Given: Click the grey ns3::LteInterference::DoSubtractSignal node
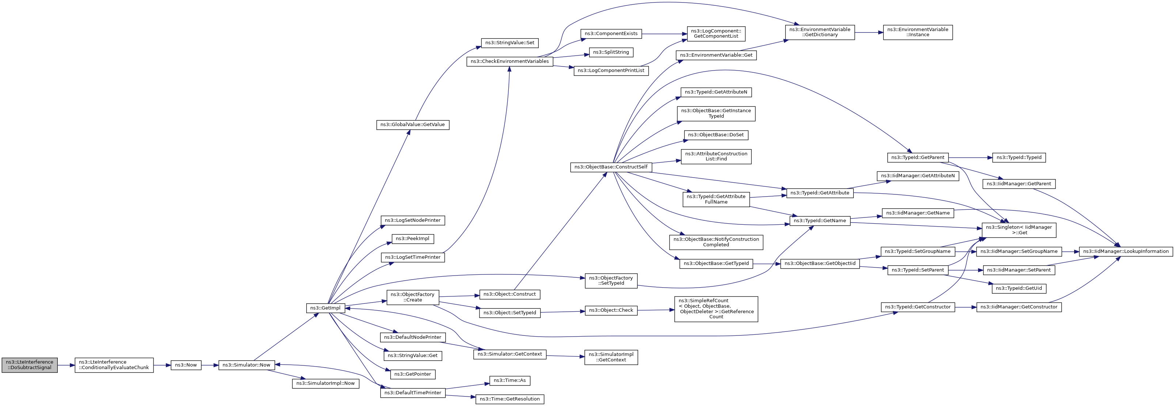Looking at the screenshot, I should (x=30, y=365).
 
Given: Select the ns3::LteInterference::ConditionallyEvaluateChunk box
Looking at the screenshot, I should (x=114, y=365).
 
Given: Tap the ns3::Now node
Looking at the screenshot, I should (x=186, y=365).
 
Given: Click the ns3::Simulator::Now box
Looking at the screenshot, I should (x=246, y=365).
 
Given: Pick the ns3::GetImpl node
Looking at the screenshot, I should (x=325, y=308).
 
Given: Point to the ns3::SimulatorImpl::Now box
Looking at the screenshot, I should (x=325, y=383).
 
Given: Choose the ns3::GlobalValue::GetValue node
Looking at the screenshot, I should (x=413, y=125).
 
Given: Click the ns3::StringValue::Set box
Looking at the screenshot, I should (x=509, y=43).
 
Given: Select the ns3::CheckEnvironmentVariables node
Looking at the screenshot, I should (x=509, y=61).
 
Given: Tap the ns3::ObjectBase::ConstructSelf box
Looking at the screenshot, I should (x=611, y=167).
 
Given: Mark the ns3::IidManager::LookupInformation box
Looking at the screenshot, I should (x=1125, y=251).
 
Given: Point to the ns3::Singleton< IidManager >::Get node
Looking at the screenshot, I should (x=1019, y=230).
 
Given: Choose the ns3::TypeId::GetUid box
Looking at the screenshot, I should (x=1019, y=288).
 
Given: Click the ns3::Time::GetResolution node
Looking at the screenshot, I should (x=509, y=399).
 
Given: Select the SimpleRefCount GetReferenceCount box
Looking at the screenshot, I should (x=716, y=309).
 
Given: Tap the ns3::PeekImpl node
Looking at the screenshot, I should (x=412, y=239).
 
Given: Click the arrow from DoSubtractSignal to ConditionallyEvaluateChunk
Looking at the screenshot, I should (x=66, y=365).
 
